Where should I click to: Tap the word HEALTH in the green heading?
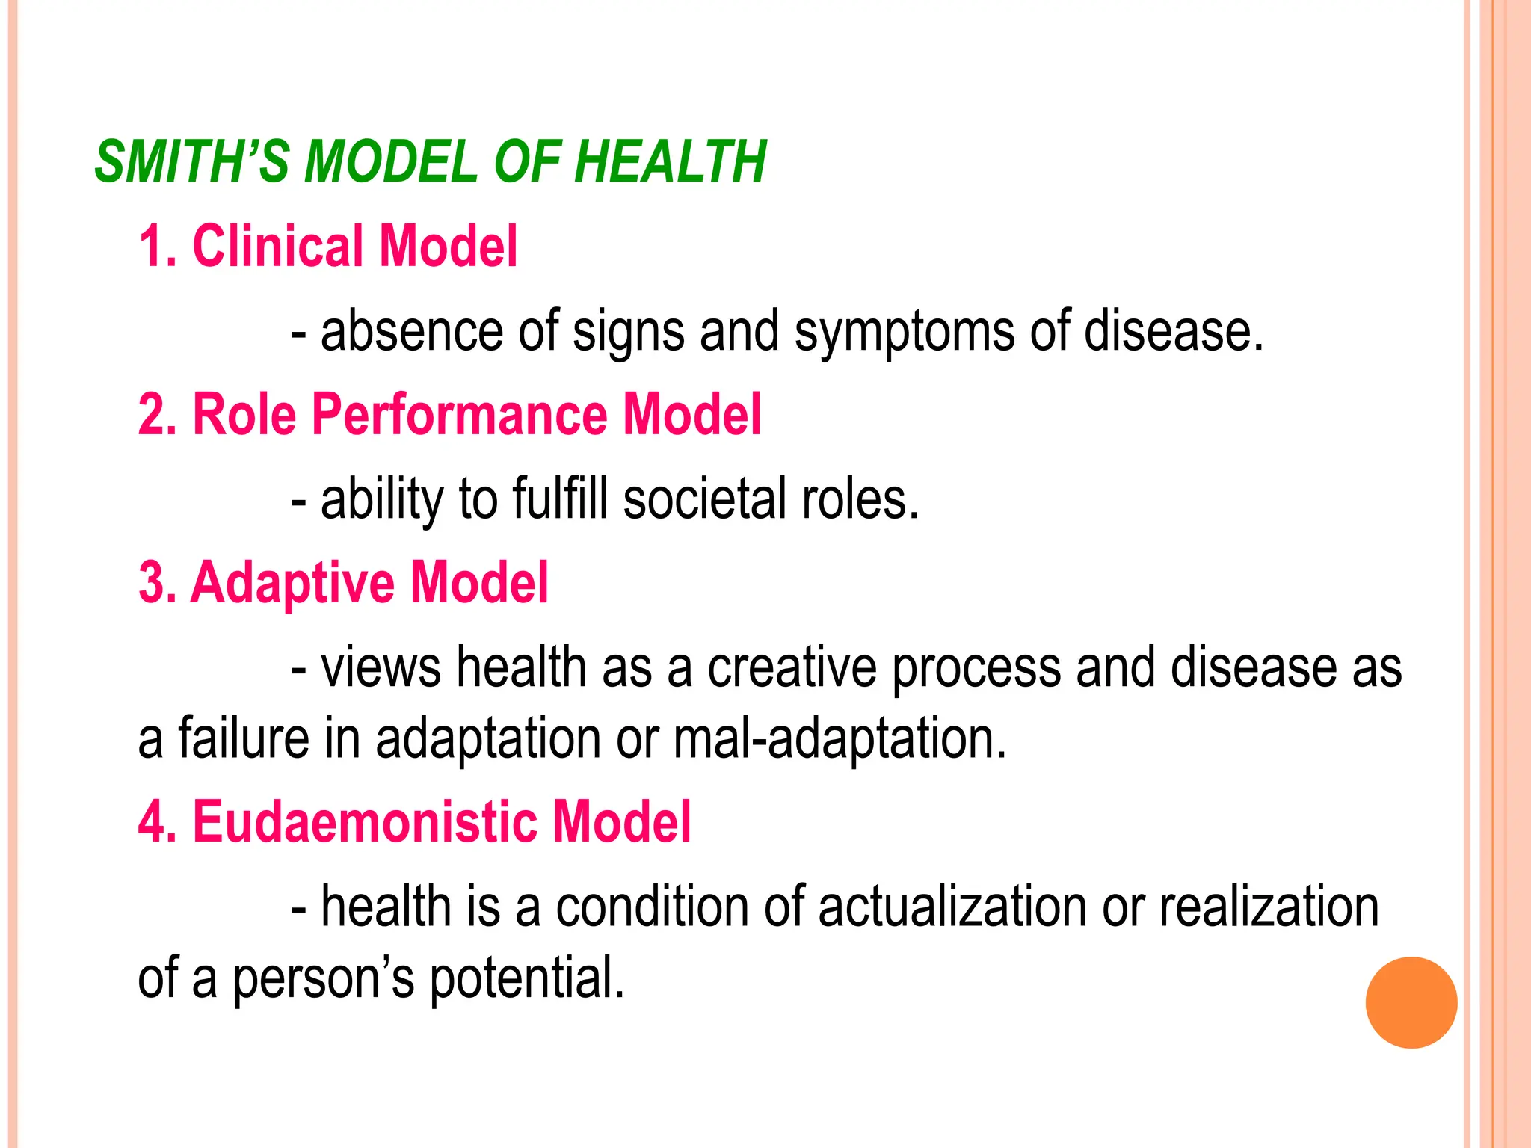click(x=671, y=161)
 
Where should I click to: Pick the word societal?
click(x=704, y=499)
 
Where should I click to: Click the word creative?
click(x=792, y=667)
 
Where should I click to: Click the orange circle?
click(x=1411, y=1002)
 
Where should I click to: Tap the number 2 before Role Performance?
click(x=152, y=414)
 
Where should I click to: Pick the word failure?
click(x=244, y=738)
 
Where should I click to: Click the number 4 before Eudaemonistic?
click(x=153, y=822)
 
